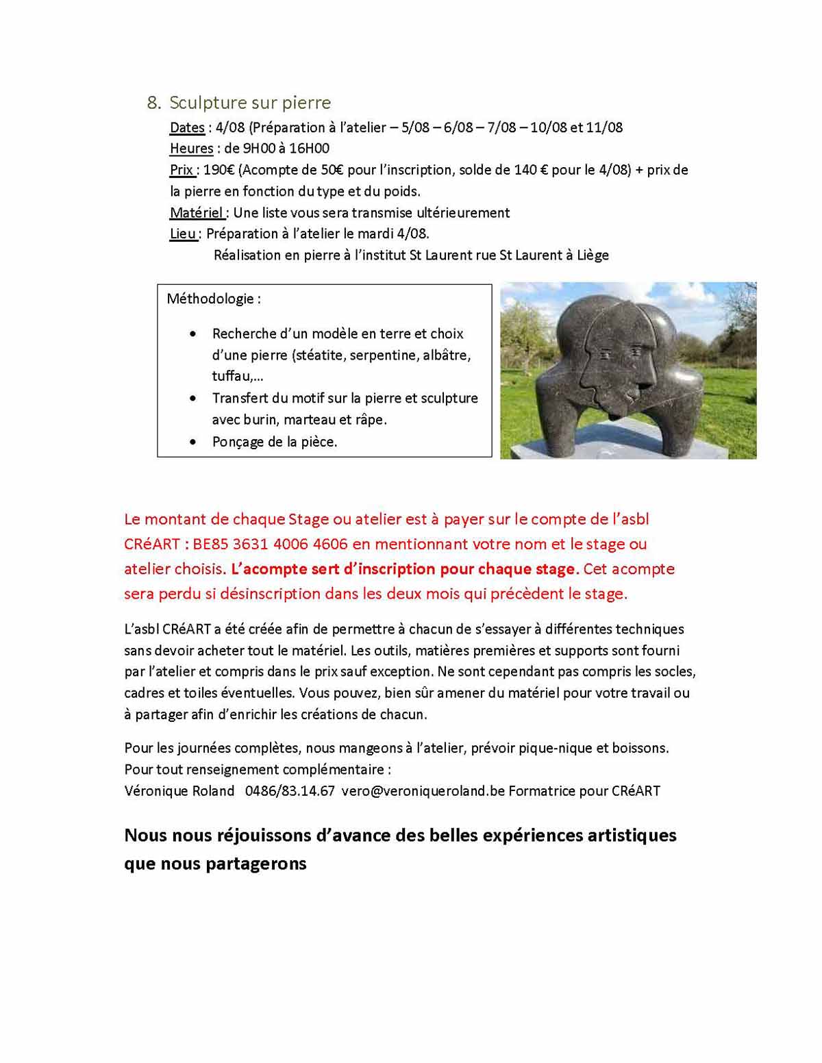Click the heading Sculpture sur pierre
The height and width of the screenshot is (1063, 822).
250,103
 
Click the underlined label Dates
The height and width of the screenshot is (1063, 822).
187,127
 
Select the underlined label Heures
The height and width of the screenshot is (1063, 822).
191,149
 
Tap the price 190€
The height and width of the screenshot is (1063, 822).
219,170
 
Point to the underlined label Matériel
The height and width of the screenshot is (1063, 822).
196,213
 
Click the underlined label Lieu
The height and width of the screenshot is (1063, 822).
183,234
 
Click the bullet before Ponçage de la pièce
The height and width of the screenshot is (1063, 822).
194,442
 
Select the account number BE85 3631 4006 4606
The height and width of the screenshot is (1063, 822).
271,545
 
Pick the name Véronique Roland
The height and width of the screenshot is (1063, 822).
179,791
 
